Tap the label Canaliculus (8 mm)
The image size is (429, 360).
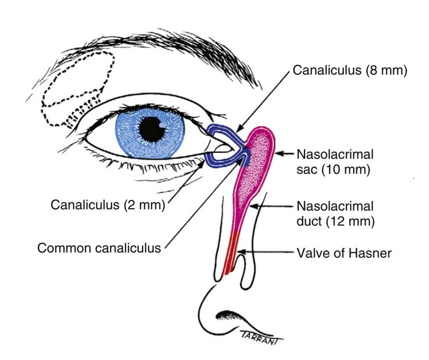tap(349, 70)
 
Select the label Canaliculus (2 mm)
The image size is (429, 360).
tap(108, 205)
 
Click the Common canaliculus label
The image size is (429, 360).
tap(99, 247)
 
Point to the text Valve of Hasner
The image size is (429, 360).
tap(344, 253)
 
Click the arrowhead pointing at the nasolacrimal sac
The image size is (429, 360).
tap(277, 154)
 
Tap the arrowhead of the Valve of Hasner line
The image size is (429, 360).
tap(240, 253)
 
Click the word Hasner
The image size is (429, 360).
tap(370, 253)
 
